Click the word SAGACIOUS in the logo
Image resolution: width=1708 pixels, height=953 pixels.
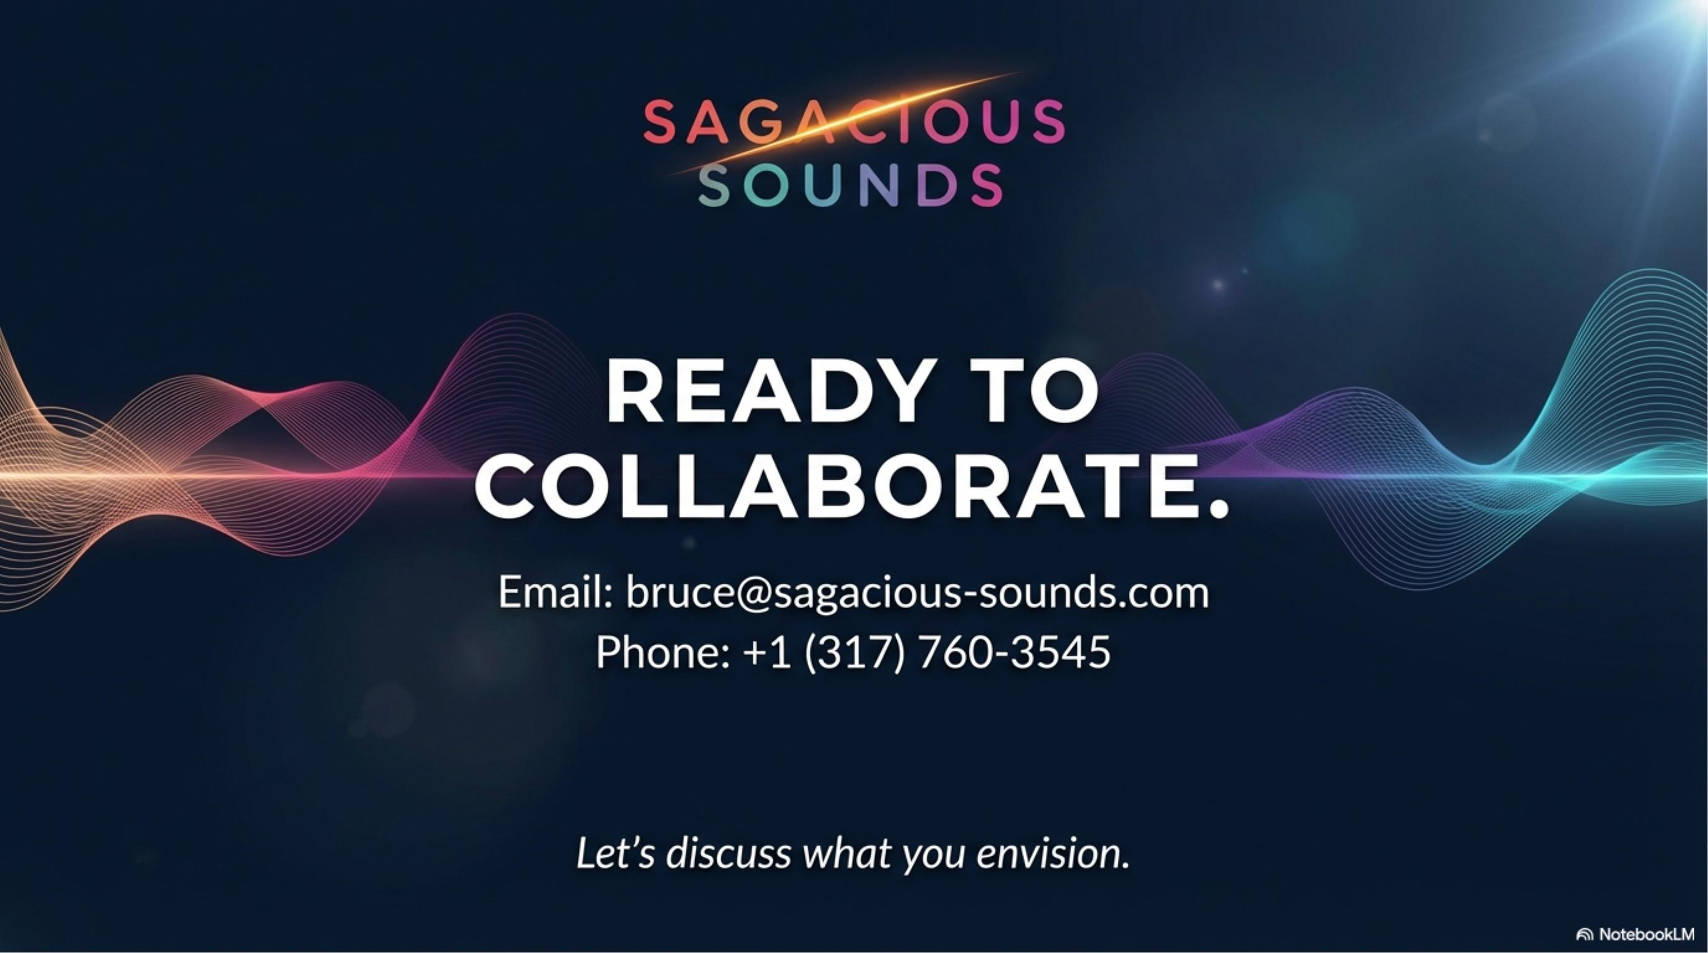coord(854,122)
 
